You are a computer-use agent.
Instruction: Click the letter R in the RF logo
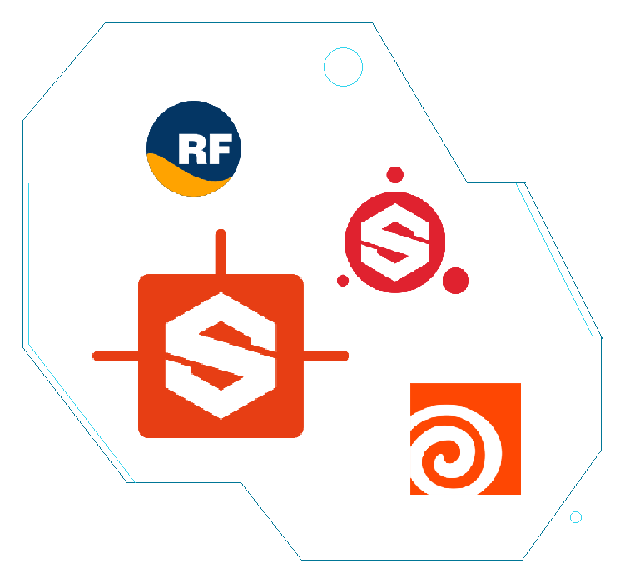coord(190,149)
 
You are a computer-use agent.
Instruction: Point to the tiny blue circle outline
coord(576,511)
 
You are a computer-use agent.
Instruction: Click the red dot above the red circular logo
coord(395,175)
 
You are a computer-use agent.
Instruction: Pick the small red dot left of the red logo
coord(343,281)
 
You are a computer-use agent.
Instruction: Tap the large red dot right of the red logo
coord(455,280)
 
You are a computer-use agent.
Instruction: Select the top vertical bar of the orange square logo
coord(221,252)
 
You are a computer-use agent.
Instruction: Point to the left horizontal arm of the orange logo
coord(116,356)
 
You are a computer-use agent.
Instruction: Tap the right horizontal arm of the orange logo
coord(325,356)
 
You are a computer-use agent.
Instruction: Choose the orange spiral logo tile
coord(465,439)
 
